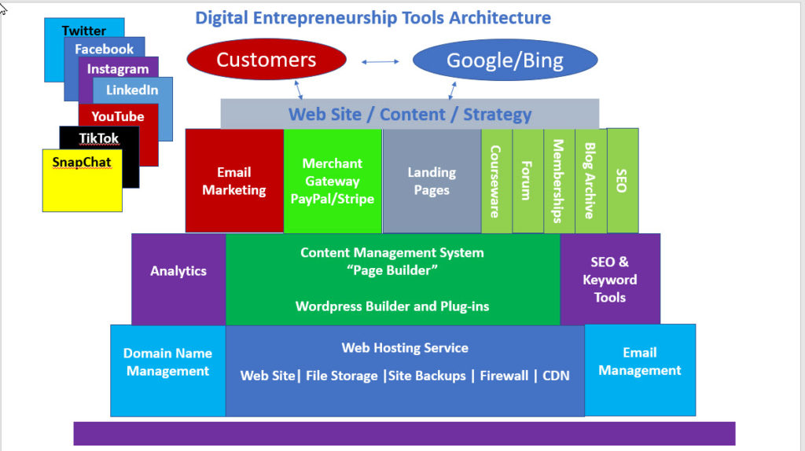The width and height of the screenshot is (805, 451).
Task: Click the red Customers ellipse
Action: pos(266,60)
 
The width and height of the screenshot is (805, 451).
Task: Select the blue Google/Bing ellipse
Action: pos(505,60)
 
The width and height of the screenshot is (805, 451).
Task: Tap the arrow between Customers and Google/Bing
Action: pos(380,60)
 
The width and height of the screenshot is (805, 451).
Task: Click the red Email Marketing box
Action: pos(233,181)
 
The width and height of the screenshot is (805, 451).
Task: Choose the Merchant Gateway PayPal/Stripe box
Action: pos(332,181)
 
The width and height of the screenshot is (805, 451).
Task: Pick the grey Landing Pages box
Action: pos(431,181)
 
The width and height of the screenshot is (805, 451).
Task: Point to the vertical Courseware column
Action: pos(496,181)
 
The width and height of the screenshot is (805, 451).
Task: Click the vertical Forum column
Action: pos(527,181)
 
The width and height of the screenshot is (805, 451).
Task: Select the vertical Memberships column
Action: pos(559,181)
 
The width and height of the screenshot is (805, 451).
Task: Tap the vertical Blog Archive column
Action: pos(590,181)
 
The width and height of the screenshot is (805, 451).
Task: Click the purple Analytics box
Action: pos(178,271)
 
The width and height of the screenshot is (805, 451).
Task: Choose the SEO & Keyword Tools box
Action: pos(609,279)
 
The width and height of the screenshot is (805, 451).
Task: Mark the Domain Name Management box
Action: pos(167,362)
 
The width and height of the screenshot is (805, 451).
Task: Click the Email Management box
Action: pos(639,361)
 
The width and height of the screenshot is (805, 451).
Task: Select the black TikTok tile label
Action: pos(99,138)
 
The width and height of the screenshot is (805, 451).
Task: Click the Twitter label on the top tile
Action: pos(84,31)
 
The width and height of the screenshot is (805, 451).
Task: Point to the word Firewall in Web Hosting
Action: pos(504,376)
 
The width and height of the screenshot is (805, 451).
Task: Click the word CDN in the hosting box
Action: pos(556,376)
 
